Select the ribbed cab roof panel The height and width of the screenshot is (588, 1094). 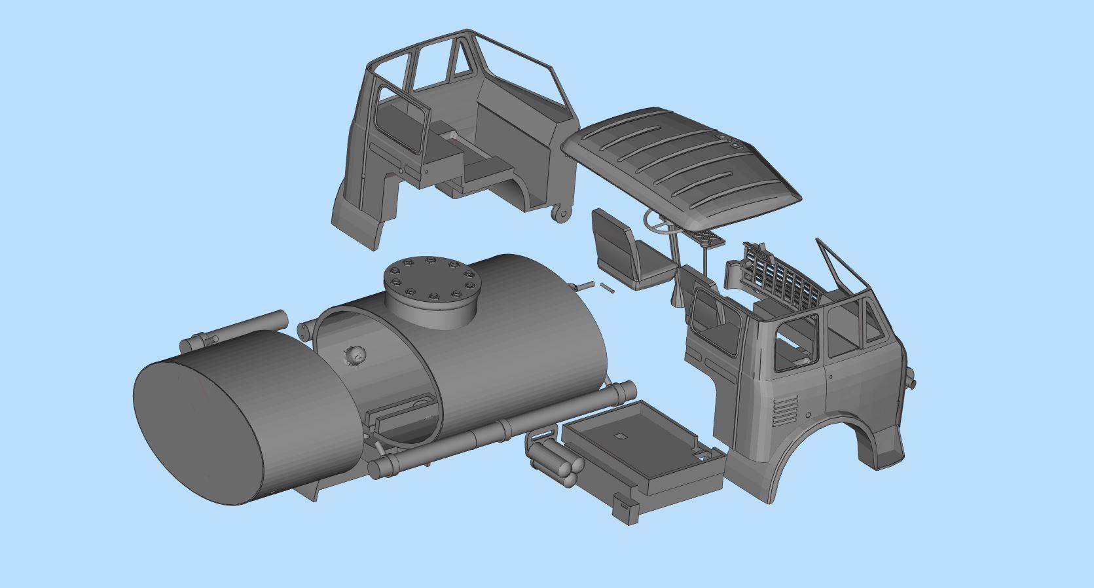pyautogui.click(x=681, y=164)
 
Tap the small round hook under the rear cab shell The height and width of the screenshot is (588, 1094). pyautogui.click(x=561, y=213)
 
